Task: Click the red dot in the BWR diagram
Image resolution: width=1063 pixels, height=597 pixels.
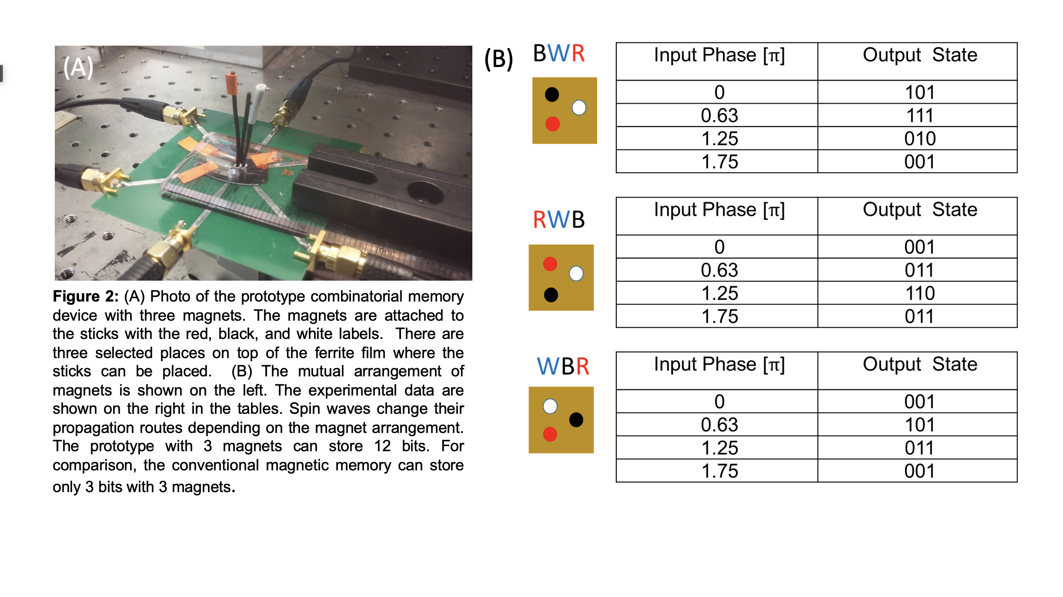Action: point(552,124)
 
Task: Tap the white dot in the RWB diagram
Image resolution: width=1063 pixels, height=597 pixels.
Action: point(576,273)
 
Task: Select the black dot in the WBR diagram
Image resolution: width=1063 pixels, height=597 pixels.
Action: point(576,419)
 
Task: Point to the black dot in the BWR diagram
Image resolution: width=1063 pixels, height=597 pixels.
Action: point(552,94)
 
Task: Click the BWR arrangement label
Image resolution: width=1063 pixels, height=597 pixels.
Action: point(559,54)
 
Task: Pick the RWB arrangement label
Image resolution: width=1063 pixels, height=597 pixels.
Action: point(559,219)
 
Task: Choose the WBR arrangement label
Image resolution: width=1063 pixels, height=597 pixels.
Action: point(563,366)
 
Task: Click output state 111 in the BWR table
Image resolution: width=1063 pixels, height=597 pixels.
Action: point(919,115)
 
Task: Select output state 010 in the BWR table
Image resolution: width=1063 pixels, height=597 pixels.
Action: point(919,139)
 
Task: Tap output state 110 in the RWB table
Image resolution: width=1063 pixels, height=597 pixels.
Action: point(919,293)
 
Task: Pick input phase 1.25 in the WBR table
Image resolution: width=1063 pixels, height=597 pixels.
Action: point(719,448)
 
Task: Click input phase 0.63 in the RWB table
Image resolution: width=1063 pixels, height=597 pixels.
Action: point(719,270)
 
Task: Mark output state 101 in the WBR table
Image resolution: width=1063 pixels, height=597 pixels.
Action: point(919,425)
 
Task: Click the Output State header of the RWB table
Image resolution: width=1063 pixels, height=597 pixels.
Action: point(920,210)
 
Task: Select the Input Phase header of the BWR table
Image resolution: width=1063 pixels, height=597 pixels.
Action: point(719,55)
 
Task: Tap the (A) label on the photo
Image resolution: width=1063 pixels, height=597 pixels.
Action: point(78,67)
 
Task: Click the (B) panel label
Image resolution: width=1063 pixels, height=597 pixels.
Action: point(499,59)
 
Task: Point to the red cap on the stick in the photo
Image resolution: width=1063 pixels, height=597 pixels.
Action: point(231,83)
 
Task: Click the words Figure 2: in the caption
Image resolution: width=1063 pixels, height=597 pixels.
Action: point(86,296)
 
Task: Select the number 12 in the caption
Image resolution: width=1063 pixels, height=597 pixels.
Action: point(382,446)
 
